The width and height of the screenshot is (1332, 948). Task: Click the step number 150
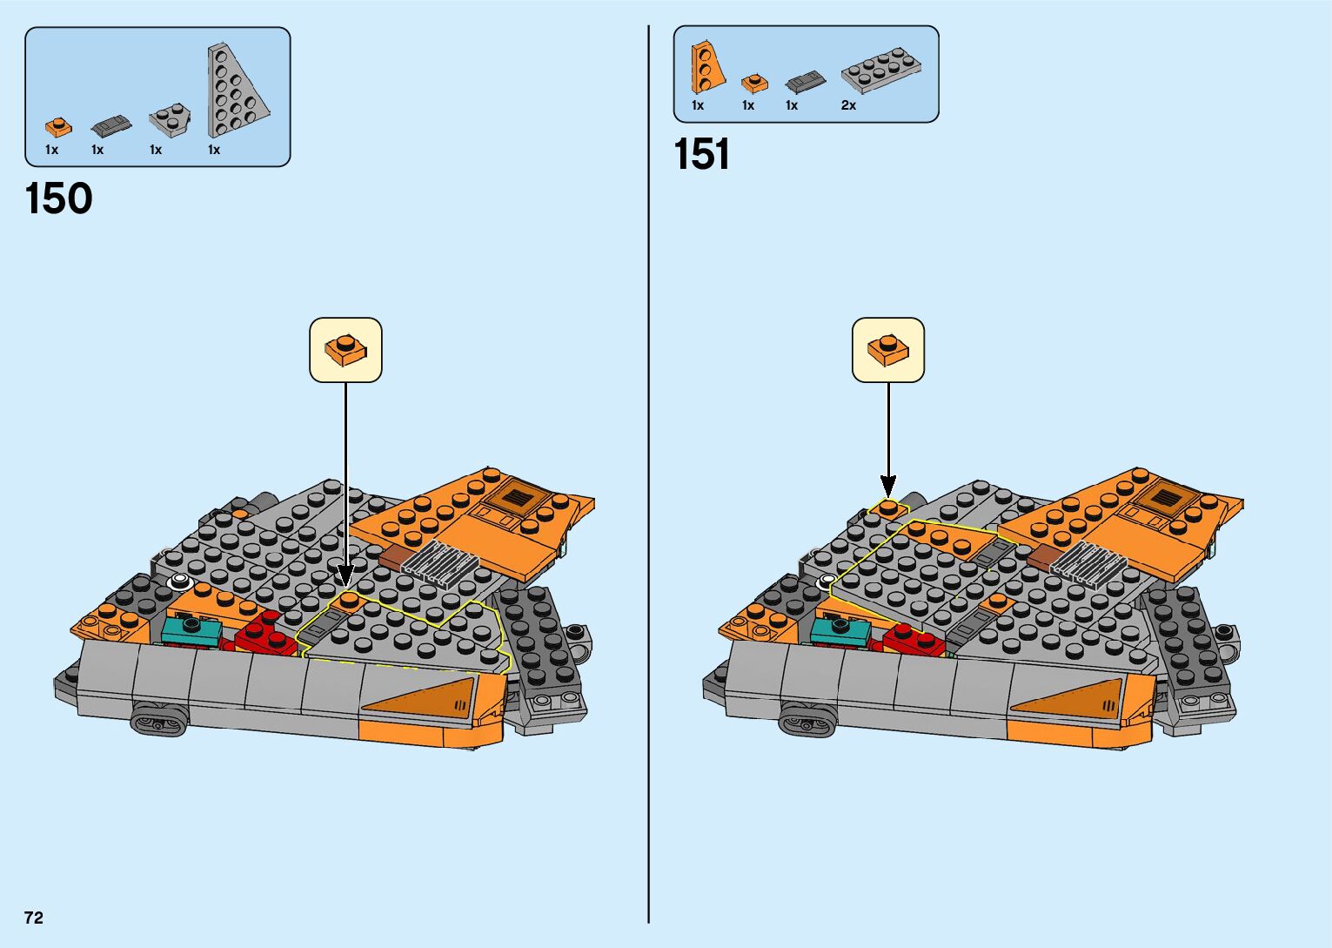[x=59, y=198]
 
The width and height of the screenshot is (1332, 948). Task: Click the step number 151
[x=701, y=155]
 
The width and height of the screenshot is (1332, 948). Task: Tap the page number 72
[x=34, y=918]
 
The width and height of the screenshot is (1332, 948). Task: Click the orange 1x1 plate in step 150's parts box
[x=58, y=127]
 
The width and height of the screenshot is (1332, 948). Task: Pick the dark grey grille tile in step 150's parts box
[x=110, y=126]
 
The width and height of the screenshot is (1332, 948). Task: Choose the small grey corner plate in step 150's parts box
[x=169, y=120]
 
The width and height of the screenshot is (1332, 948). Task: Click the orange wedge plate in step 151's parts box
[x=706, y=67]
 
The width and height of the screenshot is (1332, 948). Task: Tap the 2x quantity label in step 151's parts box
[x=848, y=105]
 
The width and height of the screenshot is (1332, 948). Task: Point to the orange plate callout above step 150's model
[x=345, y=350]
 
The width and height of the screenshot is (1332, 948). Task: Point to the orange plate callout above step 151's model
[x=887, y=350]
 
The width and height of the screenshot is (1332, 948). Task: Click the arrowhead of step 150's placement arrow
[x=345, y=576]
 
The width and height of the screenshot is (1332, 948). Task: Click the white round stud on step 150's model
[x=180, y=580]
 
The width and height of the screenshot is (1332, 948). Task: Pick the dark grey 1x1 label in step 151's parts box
[x=791, y=105]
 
